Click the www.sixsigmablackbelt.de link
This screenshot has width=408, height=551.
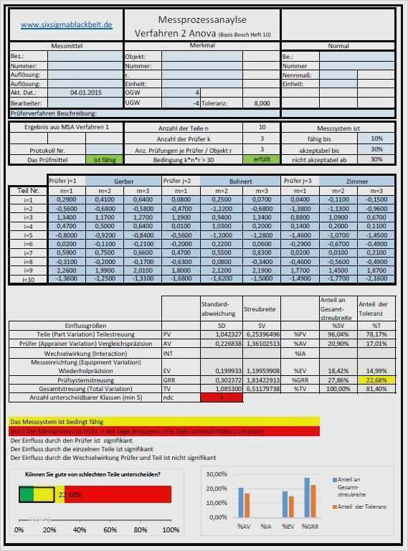click(67, 24)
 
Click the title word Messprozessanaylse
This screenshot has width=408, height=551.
click(201, 21)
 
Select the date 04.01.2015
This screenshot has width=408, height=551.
click(86, 93)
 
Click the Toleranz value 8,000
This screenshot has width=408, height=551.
click(262, 103)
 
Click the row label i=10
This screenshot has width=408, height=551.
click(29, 278)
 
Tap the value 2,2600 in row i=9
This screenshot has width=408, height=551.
click(66, 270)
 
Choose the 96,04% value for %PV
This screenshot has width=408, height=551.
click(338, 334)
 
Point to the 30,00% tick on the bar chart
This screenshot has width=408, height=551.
click(217, 475)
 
